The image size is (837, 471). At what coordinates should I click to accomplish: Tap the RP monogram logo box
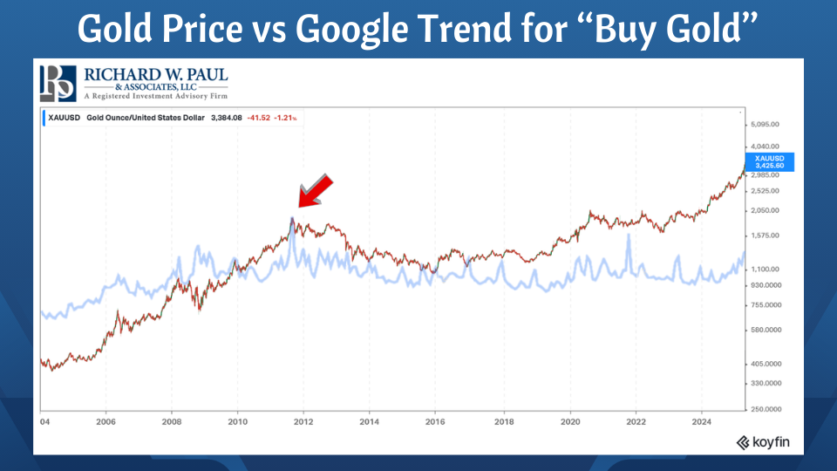[58, 84]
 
